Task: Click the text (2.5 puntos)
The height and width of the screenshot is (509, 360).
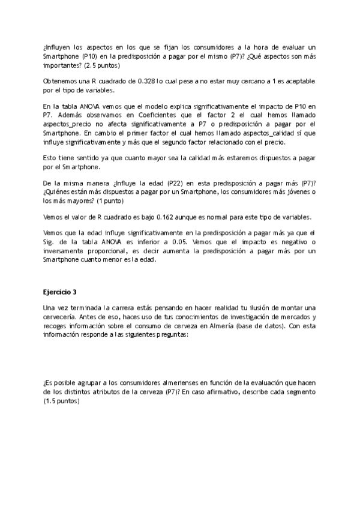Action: click(x=100, y=65)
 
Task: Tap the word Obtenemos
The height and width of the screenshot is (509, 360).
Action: click(x=61, y=80)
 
